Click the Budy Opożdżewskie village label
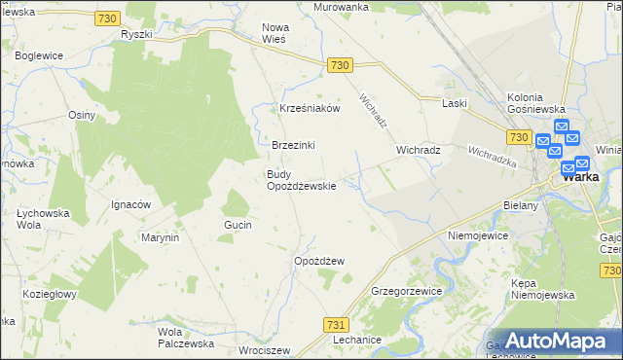[301, 180]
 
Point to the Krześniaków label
[310, 109]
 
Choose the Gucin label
[238, 225]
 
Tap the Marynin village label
[160, 237]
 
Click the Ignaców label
[130, 205]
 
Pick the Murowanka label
[341, 7]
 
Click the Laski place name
[455, 103]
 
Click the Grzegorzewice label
[407, 291]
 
